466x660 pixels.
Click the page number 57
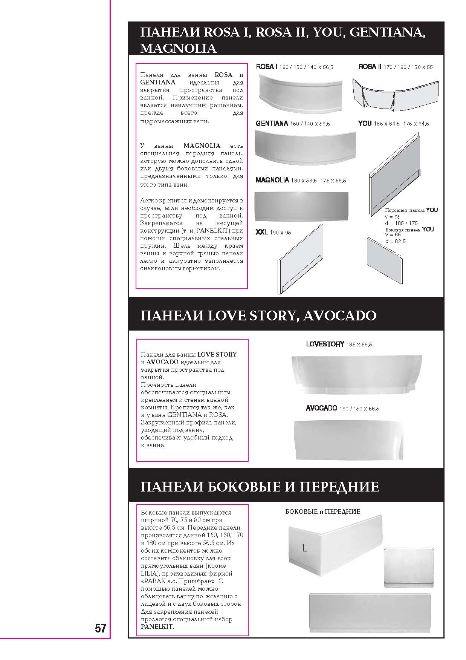click(100, 628)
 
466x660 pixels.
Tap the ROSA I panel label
click(295, 67)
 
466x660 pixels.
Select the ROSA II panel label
click(396, 67)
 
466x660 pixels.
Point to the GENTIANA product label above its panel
click(293, 124)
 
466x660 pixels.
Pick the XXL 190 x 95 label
click(273, 233)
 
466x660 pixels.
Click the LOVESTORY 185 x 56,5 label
click(339, 344)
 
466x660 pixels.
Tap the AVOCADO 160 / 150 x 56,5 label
click(342, 409)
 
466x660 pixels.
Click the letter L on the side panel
click(304, 548)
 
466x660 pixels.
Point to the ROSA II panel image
click(395, 94)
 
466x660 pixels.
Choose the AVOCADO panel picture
click(348, 439)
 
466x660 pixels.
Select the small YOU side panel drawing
click(384, 260)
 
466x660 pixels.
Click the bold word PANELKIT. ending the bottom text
click(157, 627)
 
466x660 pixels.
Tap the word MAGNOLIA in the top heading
click(178, 48)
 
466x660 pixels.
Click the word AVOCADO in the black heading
click(339, 315)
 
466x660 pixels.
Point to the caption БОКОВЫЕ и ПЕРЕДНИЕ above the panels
click(322, 511)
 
